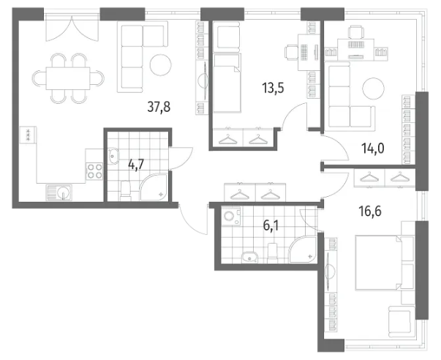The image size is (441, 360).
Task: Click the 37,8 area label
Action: [x=159, y=107]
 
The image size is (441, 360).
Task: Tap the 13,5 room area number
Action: [x=273, y=88]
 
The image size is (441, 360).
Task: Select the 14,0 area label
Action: [x=373, y=149]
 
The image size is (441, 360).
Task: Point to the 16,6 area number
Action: [x=370, y=211]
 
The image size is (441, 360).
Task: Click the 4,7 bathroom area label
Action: [x=136, y=164]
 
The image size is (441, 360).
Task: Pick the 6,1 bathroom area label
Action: [x=271, y=225]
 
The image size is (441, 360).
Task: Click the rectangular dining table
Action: [x=68, y=78]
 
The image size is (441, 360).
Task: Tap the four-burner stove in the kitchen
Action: [x=94, y=171]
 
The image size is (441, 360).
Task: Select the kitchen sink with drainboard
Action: [x=59, y=193]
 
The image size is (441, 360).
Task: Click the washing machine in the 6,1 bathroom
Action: [x=231, y=216]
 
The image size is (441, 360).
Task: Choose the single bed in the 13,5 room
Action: [x=227, y=83]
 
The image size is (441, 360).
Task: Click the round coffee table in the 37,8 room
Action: [x=161, y=65]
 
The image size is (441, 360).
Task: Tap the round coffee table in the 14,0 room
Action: [x=373, y=89]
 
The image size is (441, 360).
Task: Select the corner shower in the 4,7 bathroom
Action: [x=154, y=187]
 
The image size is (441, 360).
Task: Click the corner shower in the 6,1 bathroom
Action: [x=303, y=249]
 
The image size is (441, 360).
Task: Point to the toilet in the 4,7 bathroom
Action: [x=126, y=191]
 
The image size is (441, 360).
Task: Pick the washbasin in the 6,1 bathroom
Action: [x=249, y=257]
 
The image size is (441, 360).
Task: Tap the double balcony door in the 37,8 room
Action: [x=72, y=28]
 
